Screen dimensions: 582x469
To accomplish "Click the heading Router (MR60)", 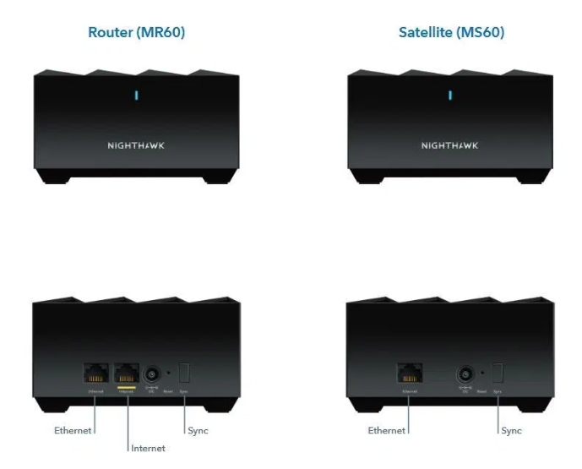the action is pos(136,33).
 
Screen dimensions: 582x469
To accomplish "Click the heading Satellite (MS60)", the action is pos(451,33).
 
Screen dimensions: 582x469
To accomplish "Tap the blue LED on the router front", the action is pos(136,95).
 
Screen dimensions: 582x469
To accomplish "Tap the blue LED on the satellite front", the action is pos(449,95).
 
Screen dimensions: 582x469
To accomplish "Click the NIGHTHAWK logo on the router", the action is pos(136,145).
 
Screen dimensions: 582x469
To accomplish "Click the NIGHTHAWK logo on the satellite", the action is pos(449,145).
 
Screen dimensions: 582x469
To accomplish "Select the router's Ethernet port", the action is pos(95,373).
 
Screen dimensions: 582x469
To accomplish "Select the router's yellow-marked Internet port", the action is pos(127,373).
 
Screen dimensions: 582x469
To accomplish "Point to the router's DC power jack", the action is pos(153,373).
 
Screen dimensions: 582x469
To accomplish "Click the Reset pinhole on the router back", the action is pos(170,373).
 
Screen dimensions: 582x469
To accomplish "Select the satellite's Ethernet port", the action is pos(409,373).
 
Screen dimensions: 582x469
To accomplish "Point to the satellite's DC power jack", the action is pos(465,373).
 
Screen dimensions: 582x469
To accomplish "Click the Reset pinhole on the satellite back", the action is pos(482,373).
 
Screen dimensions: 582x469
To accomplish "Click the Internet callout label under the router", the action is pos(149,448).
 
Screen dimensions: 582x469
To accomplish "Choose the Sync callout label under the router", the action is pos(198,430).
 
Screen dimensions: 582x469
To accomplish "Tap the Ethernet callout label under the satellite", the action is pos(385,430).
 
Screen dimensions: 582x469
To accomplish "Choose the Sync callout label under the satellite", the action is pos(511,430).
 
